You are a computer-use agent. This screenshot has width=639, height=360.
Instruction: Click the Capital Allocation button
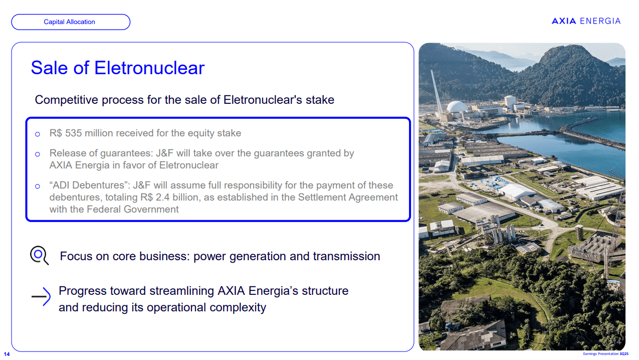[70, 22]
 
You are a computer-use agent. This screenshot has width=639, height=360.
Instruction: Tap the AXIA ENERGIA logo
[586, 21]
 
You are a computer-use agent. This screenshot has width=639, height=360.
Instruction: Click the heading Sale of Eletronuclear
[118, 68]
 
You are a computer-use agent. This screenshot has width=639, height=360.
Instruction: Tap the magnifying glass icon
[39, 255]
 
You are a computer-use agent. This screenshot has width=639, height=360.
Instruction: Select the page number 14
[7, 354]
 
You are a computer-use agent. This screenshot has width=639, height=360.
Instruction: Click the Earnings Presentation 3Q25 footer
[605, 354]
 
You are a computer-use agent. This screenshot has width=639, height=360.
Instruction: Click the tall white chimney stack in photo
[437, 93]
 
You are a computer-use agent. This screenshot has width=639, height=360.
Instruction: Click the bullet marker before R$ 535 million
[38, 134]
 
